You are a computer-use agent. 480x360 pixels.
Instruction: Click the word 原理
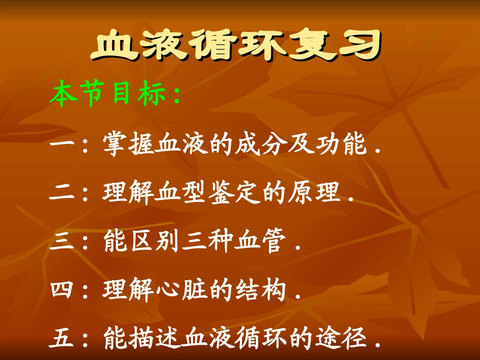313,193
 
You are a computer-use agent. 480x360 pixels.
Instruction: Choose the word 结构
260,291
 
